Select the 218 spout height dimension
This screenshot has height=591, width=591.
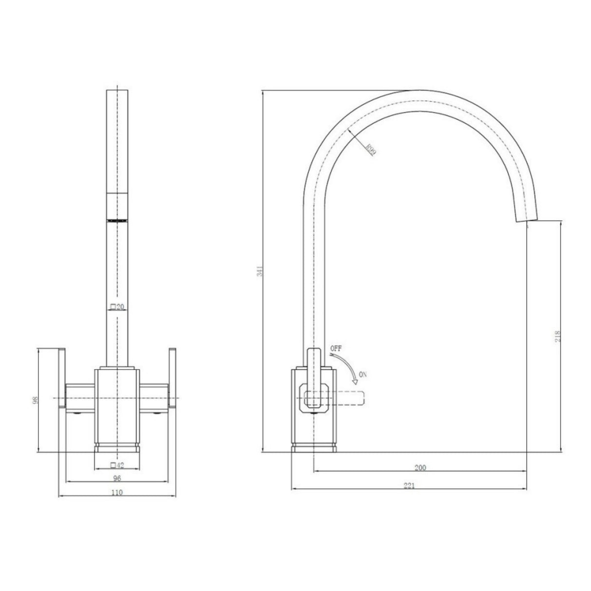[558, 336]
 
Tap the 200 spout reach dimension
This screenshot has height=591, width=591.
[420, 467]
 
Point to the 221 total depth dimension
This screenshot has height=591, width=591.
[409, 486]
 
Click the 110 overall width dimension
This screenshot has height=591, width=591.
[117, 492]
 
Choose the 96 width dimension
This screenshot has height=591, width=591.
[117, 478]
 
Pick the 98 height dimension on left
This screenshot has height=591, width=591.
[34, 400]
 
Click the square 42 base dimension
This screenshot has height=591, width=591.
[117, 464]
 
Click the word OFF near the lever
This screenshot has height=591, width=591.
[336, 349]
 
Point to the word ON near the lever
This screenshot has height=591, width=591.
[362, 374]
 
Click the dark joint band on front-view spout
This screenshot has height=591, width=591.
[117, 221]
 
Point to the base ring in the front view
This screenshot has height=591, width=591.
[117, 447]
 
